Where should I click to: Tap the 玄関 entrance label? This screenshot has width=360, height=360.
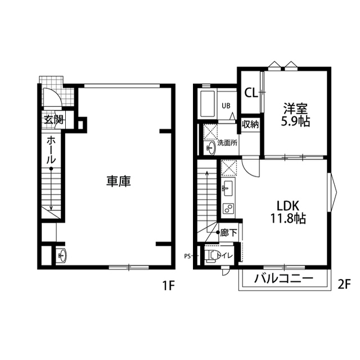pyautogui.click(x=54, y=120)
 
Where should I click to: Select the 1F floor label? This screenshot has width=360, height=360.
pyautogui.click(x=169, y=285)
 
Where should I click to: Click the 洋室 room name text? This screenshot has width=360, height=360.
pyautogui.click(x=295, y=108)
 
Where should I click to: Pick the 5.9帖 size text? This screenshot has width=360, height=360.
pyautogui.click(x=295, y=121)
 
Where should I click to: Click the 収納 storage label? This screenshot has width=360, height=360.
pyautogui.click(x=250, y=123)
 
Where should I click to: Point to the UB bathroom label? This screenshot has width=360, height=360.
pyautogui.click(x=226, y=105)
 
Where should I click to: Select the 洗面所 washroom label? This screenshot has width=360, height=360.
pyautogui.click(x=227, y=143)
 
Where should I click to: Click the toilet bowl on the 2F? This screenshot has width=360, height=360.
pyautogui.click(x=212, y=256)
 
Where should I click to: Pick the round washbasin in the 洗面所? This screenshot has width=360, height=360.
pyautogui.click(x=211, y=148)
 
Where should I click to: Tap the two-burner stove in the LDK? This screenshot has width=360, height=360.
pyautogui.click(x=228, y=208)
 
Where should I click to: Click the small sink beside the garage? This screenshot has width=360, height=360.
pyautogui.click(x=61, y=255)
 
